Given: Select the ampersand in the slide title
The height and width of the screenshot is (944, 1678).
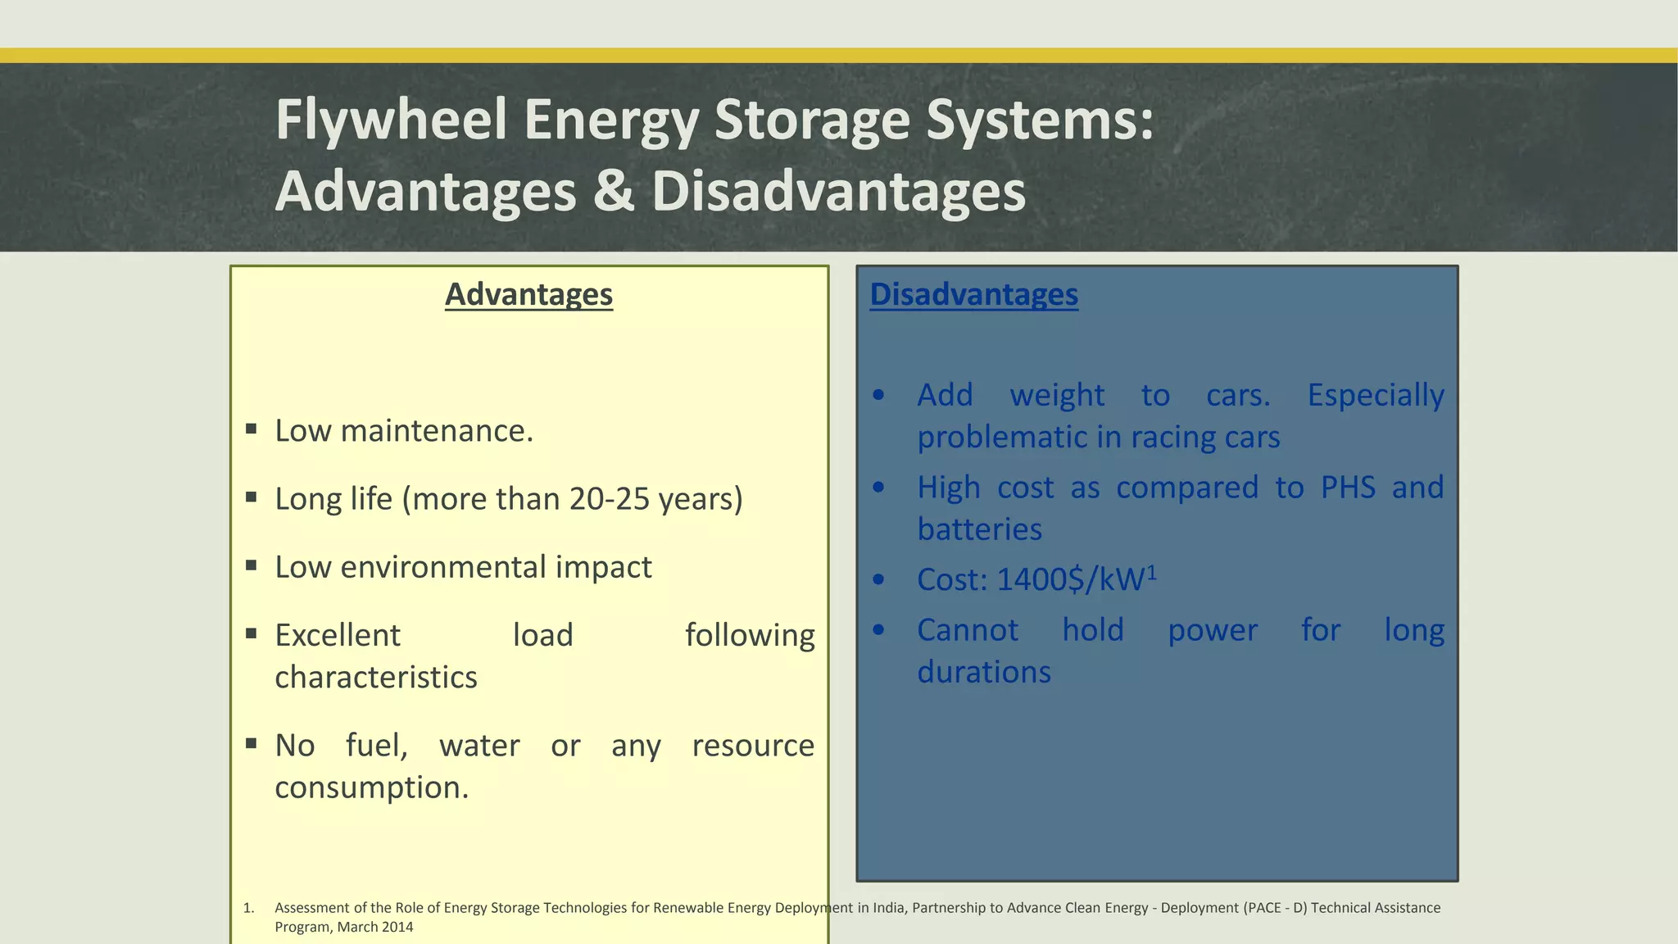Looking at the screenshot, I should point(614,191).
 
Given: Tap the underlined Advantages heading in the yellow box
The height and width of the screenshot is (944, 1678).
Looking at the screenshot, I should point(528,294).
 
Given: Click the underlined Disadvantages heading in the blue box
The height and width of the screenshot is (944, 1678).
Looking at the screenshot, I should point(973,294).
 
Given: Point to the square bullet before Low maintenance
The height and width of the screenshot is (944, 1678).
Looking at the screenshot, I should point(252,429).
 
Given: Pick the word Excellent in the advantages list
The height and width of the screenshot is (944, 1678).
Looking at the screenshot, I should point(338,635).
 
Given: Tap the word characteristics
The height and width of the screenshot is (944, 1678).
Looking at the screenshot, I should point(375,678).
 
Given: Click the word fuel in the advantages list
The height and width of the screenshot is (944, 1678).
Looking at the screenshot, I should point(375,746).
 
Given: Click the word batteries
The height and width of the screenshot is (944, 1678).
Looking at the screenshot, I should point(979,529).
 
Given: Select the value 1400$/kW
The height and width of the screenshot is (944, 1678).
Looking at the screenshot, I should point(1069,580).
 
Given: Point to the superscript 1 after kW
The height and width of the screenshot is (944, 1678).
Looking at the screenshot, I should point(1151,573).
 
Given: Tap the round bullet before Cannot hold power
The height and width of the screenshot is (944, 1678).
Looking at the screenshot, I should point(878,630).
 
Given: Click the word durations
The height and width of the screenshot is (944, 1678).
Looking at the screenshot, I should point(983,673).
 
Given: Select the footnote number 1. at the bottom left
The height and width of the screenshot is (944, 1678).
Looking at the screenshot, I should point(248,908).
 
